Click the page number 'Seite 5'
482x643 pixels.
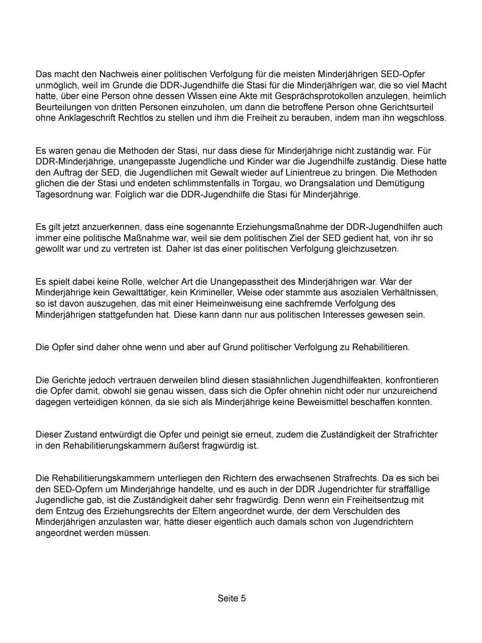231,598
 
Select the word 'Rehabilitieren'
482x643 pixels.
382,347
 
